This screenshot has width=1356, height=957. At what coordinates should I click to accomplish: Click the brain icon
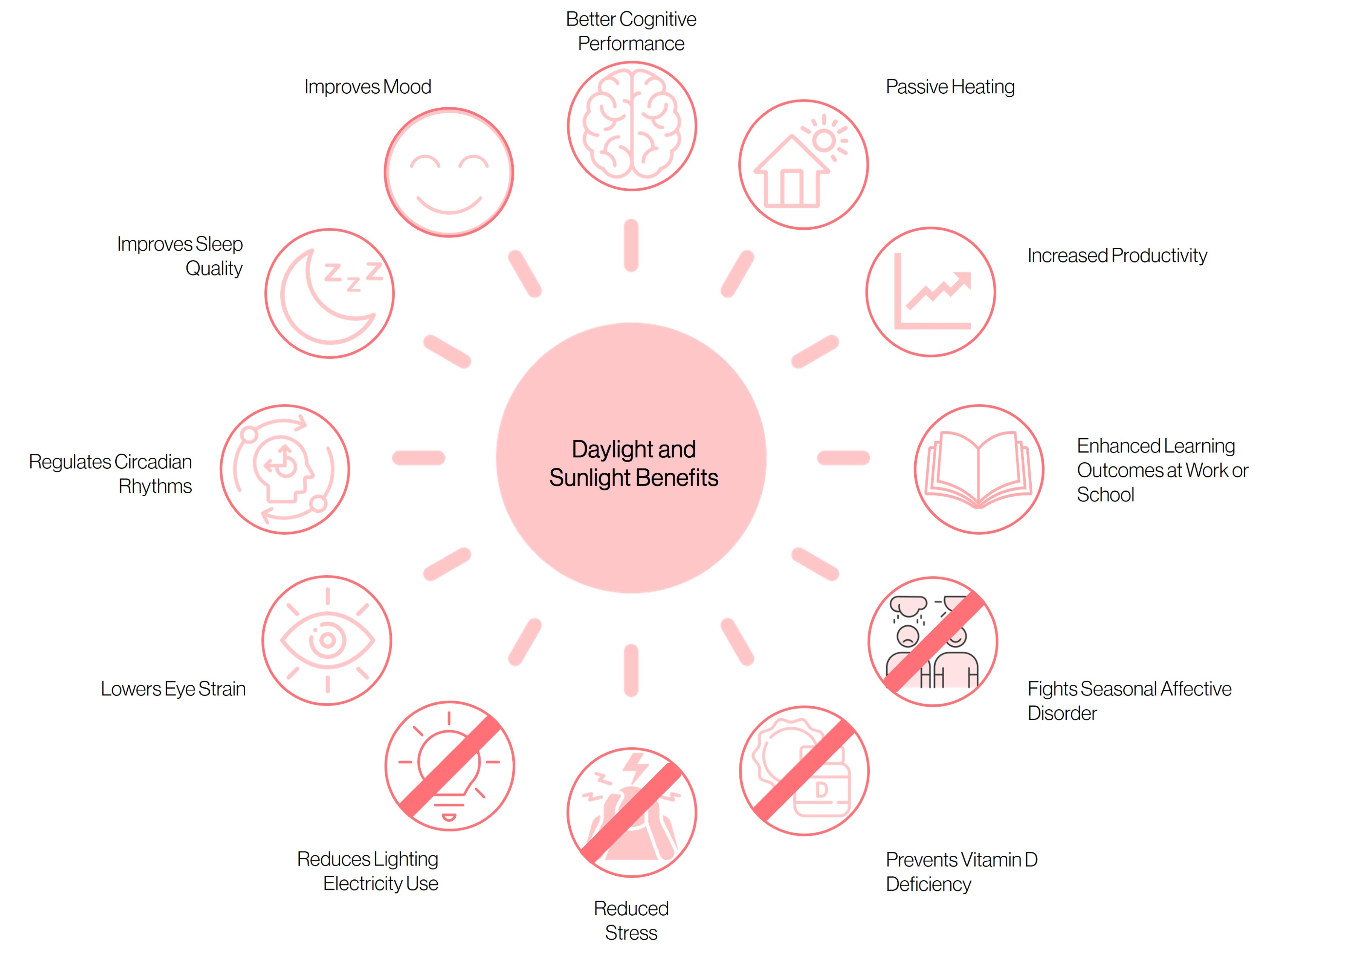click(x=631, y=126)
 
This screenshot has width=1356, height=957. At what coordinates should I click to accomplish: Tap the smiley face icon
click(x=449, y=172)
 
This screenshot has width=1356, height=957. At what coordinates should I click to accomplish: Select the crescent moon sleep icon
click(x=330, y=293)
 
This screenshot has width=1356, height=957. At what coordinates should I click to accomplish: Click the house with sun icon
click(x=803, y=165)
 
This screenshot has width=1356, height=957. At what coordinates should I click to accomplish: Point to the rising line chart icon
click(x=931, y=292)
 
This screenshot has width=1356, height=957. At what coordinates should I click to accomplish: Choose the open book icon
click(x=979, y=469)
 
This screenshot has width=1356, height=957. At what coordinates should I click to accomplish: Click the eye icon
click(x=327, y=640)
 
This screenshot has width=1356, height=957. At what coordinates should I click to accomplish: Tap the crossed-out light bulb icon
click(x=449, y=766)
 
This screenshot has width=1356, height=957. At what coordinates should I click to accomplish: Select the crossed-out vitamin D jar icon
click(x=804, y=770)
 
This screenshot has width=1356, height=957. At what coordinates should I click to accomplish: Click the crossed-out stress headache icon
click(x=631, y=812)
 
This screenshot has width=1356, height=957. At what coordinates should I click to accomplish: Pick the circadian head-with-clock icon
click(x=285, y=469)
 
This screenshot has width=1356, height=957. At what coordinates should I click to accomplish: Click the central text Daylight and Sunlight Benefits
click(x=634, y=463)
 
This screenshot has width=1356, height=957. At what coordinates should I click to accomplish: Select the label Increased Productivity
click(x=1117, y=256)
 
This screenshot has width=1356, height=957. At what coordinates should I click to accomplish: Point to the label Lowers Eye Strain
click(x=173, y=689)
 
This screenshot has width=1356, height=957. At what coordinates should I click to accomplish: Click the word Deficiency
click(x=928, y=884)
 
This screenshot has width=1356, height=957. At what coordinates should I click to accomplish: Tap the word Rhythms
click(x=155, y=486)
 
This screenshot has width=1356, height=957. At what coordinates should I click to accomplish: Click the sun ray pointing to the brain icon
click(x=631, y=245)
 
